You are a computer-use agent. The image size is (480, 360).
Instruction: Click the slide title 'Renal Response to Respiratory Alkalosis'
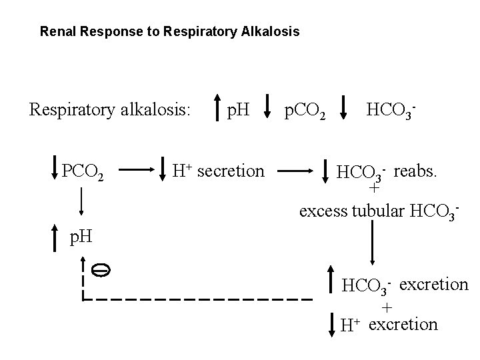click(x=169, y=31)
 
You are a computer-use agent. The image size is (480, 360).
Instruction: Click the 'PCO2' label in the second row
click(x=83, y=173)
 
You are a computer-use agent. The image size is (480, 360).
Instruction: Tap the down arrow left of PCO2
click(x=55, y=172)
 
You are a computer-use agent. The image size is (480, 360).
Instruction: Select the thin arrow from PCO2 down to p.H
click(x=81, y=203)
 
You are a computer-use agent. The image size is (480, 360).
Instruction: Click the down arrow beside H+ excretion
click(x=331, y=323)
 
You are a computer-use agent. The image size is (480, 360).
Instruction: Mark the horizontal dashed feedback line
click(x=200, y=299)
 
